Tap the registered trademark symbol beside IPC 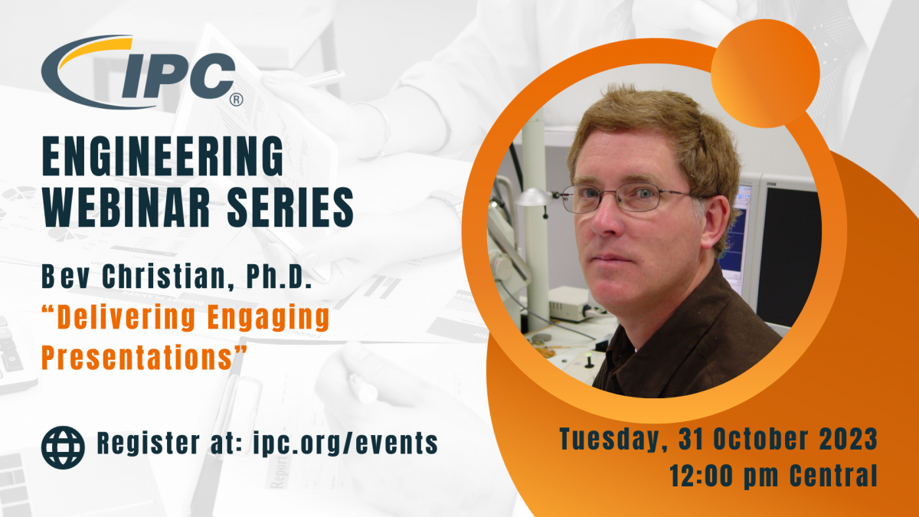236,100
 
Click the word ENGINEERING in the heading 163,156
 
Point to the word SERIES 290,208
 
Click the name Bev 66,276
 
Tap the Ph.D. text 279,276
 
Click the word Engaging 269,318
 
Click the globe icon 63,447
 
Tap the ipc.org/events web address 345,443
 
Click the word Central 834,475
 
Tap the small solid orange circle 765,74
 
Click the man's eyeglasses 634,198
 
